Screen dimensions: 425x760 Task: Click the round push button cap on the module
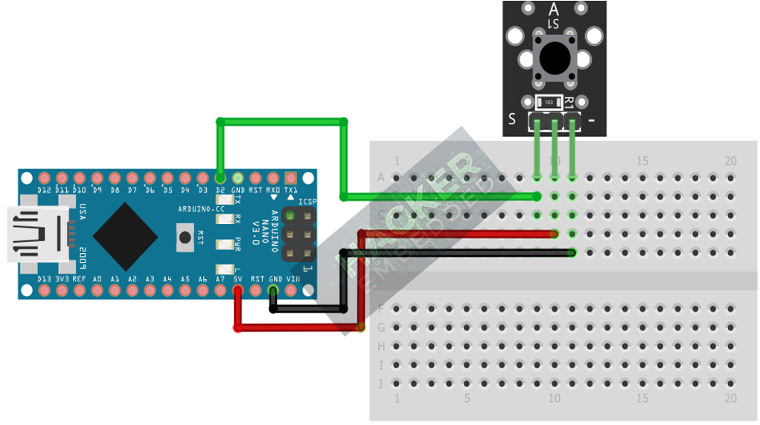(x=553, y=57)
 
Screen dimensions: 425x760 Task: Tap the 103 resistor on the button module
(x=549, y=101)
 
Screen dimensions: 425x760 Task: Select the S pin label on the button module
(x=511, y=119)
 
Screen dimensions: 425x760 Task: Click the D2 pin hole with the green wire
(x=220, y=178)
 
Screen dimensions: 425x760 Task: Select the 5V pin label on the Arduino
(x=238, y=279)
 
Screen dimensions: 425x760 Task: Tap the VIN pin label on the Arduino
(x=293, y=279)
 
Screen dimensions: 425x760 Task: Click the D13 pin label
(x=45, y=279)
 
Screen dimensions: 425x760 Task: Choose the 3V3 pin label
(x=62, y=279)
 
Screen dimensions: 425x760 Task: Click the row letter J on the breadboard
(x=382, y=384)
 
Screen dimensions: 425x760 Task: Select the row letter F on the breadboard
(x=382, y=308)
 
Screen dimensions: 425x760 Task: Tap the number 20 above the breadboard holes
(x=730, y=161)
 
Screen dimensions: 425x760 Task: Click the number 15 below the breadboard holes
(x=642, y=398)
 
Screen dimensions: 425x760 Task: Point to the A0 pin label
(x=98, y=279)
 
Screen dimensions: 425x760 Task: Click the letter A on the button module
(x=553, y=9)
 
